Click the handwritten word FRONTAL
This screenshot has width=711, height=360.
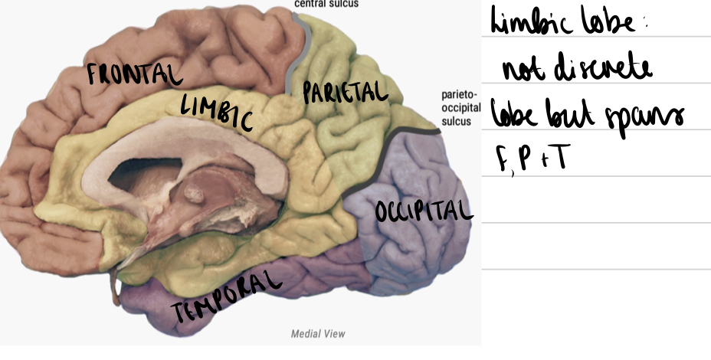134,76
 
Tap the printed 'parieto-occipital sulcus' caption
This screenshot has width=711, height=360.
460,108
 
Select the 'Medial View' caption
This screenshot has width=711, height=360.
318,333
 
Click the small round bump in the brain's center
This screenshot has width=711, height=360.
193,196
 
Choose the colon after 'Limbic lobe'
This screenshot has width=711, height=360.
645,25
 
